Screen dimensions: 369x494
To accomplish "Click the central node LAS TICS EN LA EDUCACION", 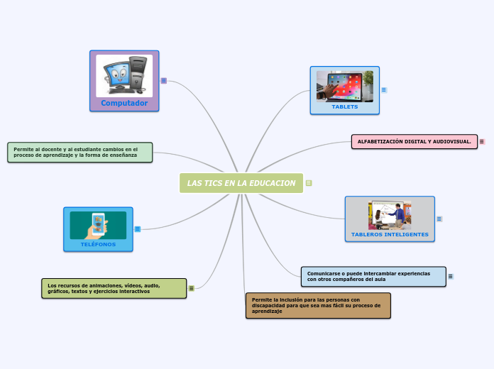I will [241, 183].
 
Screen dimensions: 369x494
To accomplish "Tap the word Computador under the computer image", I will [124, 103].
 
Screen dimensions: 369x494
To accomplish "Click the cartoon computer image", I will [124, 75].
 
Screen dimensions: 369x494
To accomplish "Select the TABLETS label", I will [345, 107].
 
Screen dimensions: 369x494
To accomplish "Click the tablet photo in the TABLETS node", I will [345, 86].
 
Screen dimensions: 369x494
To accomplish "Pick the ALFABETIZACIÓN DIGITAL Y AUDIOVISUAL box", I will [415, 141].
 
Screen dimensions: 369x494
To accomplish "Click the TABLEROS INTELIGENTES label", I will [390, 234].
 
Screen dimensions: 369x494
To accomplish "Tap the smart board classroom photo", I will [390, 214].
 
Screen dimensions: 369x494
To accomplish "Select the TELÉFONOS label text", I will [98, 244].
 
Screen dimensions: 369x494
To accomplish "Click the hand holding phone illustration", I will [98, 226].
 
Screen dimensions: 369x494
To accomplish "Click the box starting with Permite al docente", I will [80, 152].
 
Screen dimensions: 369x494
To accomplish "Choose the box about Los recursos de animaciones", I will [114, 288].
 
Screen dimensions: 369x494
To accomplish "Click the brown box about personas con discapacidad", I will [318, 305].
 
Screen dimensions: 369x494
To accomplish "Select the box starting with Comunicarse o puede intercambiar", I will [373, 276].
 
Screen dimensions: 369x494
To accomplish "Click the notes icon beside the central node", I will [309, 183].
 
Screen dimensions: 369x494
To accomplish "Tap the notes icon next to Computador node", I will [164, 81].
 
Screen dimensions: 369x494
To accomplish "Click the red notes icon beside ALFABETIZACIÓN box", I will [482, 141].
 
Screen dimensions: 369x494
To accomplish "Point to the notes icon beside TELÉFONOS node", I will [138, 228].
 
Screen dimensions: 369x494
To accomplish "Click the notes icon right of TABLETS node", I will [384, 90].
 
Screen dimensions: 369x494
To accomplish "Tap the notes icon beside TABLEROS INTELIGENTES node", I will [439, 219].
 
